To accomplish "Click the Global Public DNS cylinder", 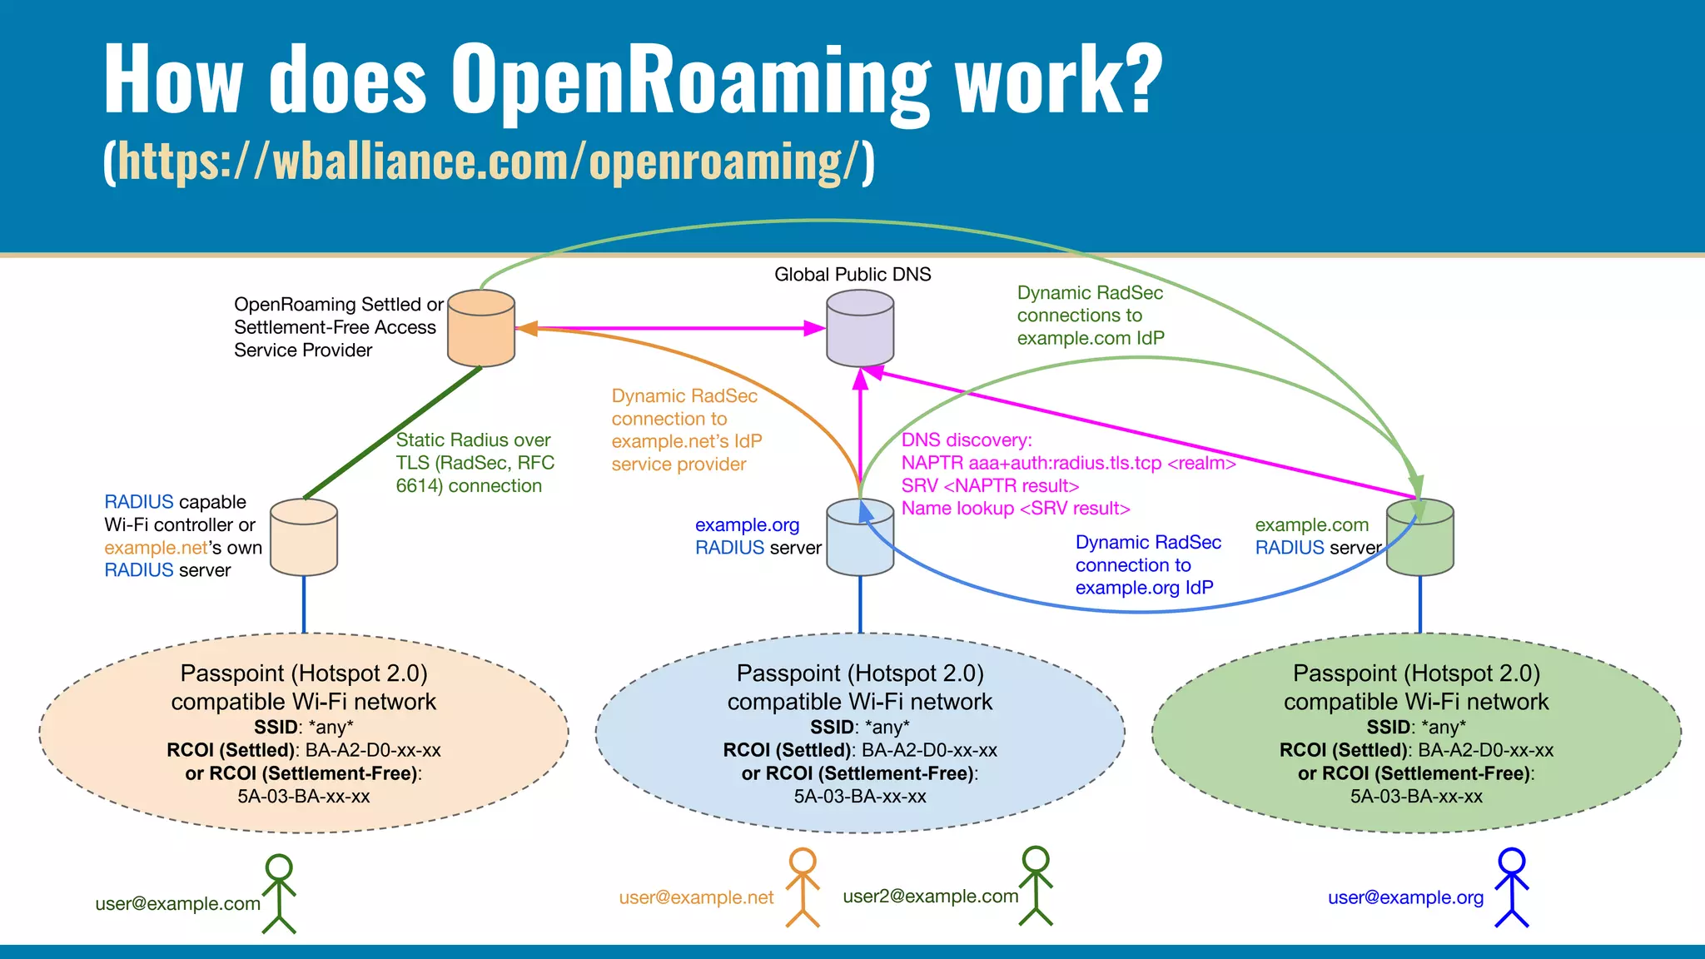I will (x=860, y=329).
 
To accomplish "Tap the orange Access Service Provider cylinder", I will (x=481, y=329).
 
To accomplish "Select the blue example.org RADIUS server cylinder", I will (x=860, y=539).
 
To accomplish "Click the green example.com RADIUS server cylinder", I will (x=1420, y=539).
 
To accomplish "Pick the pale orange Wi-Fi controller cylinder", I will (x=304, y=539).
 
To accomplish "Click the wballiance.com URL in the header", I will (x=489, y=161).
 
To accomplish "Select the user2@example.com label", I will (x=930, y=897).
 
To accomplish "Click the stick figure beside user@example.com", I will (x=279, y=894).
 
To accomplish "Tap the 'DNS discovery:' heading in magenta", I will (x=967, y=440).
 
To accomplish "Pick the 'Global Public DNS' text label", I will (x=852, y=275).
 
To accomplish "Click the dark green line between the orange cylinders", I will (x=391, y=434).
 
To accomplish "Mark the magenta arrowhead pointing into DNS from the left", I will (x=814, y=329).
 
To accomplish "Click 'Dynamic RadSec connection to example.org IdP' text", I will (x=1147, y=565).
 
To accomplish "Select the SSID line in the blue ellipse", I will (x=860, y=727).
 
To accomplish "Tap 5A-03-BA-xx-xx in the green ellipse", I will (x=1416, y=797).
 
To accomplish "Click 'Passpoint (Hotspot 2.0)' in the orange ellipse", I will (x=304, y=673).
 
